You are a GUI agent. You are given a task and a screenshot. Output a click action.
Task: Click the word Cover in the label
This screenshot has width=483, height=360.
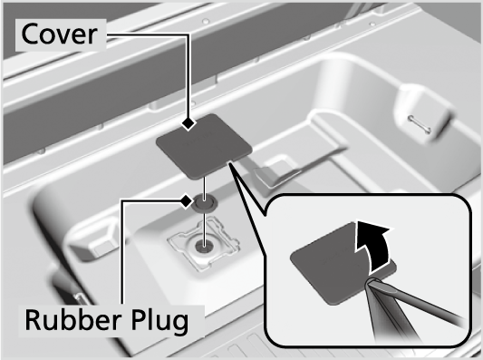pyautogui.click(x=60, y=34)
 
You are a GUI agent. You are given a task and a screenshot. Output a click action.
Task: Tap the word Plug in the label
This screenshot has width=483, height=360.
pyautogui.click(x=159, y=322)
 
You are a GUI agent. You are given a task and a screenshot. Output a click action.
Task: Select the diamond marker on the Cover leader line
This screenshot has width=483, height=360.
pyautogui.click(x=188, y=123)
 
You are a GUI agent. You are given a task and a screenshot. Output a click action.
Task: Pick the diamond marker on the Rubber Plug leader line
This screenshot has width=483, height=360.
pyautogui.click(x=186, y=201)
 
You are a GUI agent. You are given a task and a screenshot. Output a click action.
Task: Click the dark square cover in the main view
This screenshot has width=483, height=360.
pyautogui.click(x=204, y=146)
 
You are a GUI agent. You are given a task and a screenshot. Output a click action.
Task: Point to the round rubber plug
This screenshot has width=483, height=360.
pyautogui.click(x=204, y=203)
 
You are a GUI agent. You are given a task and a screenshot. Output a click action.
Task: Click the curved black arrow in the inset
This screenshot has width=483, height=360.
pyautogui.click(x=373, y=244)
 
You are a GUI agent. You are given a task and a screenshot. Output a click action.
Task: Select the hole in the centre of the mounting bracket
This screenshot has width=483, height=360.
pyautogui.click(x=204, y=246)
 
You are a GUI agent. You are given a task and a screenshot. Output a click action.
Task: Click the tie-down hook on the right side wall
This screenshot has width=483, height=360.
pyautogui.click(x=419, y=124)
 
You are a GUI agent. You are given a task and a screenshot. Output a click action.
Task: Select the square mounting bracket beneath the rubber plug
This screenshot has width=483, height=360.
pyautogui.click(x=204, y=244)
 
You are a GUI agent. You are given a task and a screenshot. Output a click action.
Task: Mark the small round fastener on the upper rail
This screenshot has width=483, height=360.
pyautogui.click(x=206, y=21)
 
